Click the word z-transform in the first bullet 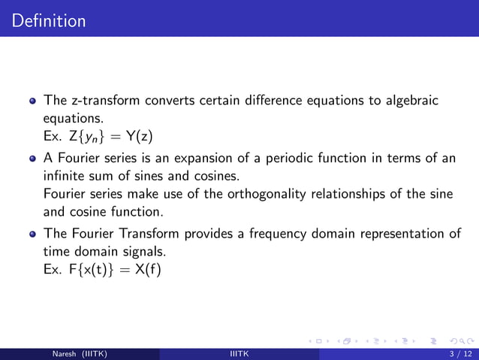tap(102, 101)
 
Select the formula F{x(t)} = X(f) tap(101, 269)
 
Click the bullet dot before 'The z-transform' tap(32, 101)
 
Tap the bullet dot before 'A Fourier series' tap(32, 159)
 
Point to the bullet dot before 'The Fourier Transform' tap(32, 234)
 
